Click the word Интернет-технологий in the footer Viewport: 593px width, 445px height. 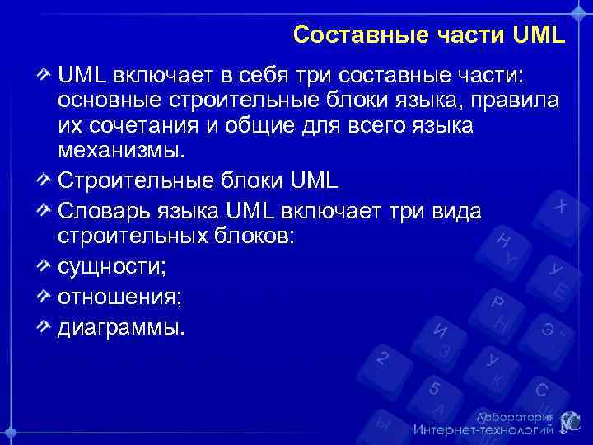[x=481, y=429]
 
